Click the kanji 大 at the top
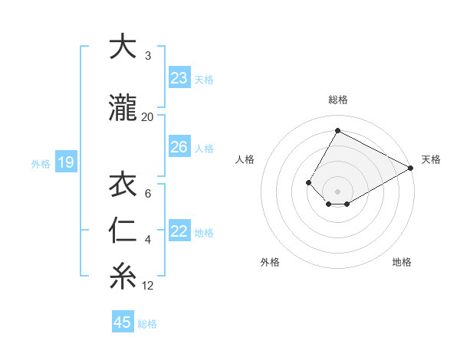[123, 47]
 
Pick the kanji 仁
[123, 231]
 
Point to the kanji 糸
[123, 277]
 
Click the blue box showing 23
[179, 77]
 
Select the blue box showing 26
[179, 147]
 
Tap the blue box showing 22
[179, 232]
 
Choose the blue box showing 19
[65, 162]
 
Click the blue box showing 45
[123, 322]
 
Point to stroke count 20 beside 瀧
[148, 116]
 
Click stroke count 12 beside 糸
[148, 286]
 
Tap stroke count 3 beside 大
[148, 56]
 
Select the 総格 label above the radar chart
[337, 100]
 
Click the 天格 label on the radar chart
[431, 159]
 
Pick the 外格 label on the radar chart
[270, 262]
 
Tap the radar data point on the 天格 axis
[411, 169]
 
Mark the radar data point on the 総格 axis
[337, 130]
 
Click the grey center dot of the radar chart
[337, 191]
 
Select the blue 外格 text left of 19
[41, 163]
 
